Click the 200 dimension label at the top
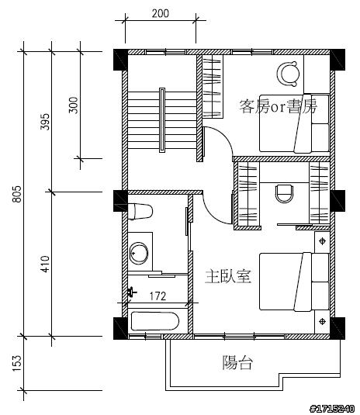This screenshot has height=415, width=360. click(161, 13)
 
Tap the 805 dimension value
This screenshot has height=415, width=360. click(16, 194)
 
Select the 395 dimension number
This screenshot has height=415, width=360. click(45, 122)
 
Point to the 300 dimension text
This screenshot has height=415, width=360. click(74, 105)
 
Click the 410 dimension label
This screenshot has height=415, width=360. click(45, 265)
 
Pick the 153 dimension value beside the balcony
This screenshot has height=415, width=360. click(16, 363)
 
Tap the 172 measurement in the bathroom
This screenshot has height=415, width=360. click(157, 296)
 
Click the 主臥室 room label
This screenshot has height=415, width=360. click(228, 277)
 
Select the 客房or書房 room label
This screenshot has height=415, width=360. click(278, 106)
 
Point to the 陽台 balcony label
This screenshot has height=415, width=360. click(237, 362)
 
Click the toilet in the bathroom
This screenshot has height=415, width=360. click(140, 211)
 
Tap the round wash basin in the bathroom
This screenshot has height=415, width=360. click(138, 253)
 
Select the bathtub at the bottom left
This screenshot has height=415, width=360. click(155, 321)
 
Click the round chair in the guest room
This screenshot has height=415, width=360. click(289, 74)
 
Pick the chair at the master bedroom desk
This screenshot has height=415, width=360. click(285, 194)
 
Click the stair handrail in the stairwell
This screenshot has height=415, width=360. click(162, 120)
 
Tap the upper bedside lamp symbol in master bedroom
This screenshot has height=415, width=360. click(322, 240)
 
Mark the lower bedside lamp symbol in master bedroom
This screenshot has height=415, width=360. click(322, 322)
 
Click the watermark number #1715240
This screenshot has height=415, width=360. click(332, 409)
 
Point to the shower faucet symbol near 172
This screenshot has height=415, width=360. click(131, 292)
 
